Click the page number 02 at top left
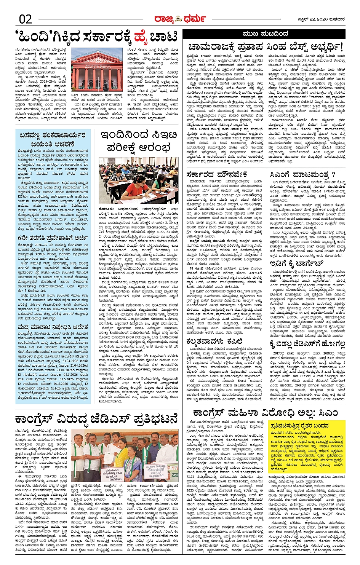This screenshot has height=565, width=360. click(x=25, y=18)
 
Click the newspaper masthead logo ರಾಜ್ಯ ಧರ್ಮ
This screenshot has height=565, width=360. click(x=179, y=18)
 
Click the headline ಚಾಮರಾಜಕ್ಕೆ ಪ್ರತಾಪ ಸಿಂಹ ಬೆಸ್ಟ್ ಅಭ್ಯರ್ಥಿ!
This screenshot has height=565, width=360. click(x=266, y=48)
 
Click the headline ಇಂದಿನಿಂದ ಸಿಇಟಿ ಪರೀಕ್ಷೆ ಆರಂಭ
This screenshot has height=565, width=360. click(x=139, y=141)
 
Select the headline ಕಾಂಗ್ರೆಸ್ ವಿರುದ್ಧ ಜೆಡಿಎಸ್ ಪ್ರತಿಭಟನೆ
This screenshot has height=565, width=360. click(x=96, y=419)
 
